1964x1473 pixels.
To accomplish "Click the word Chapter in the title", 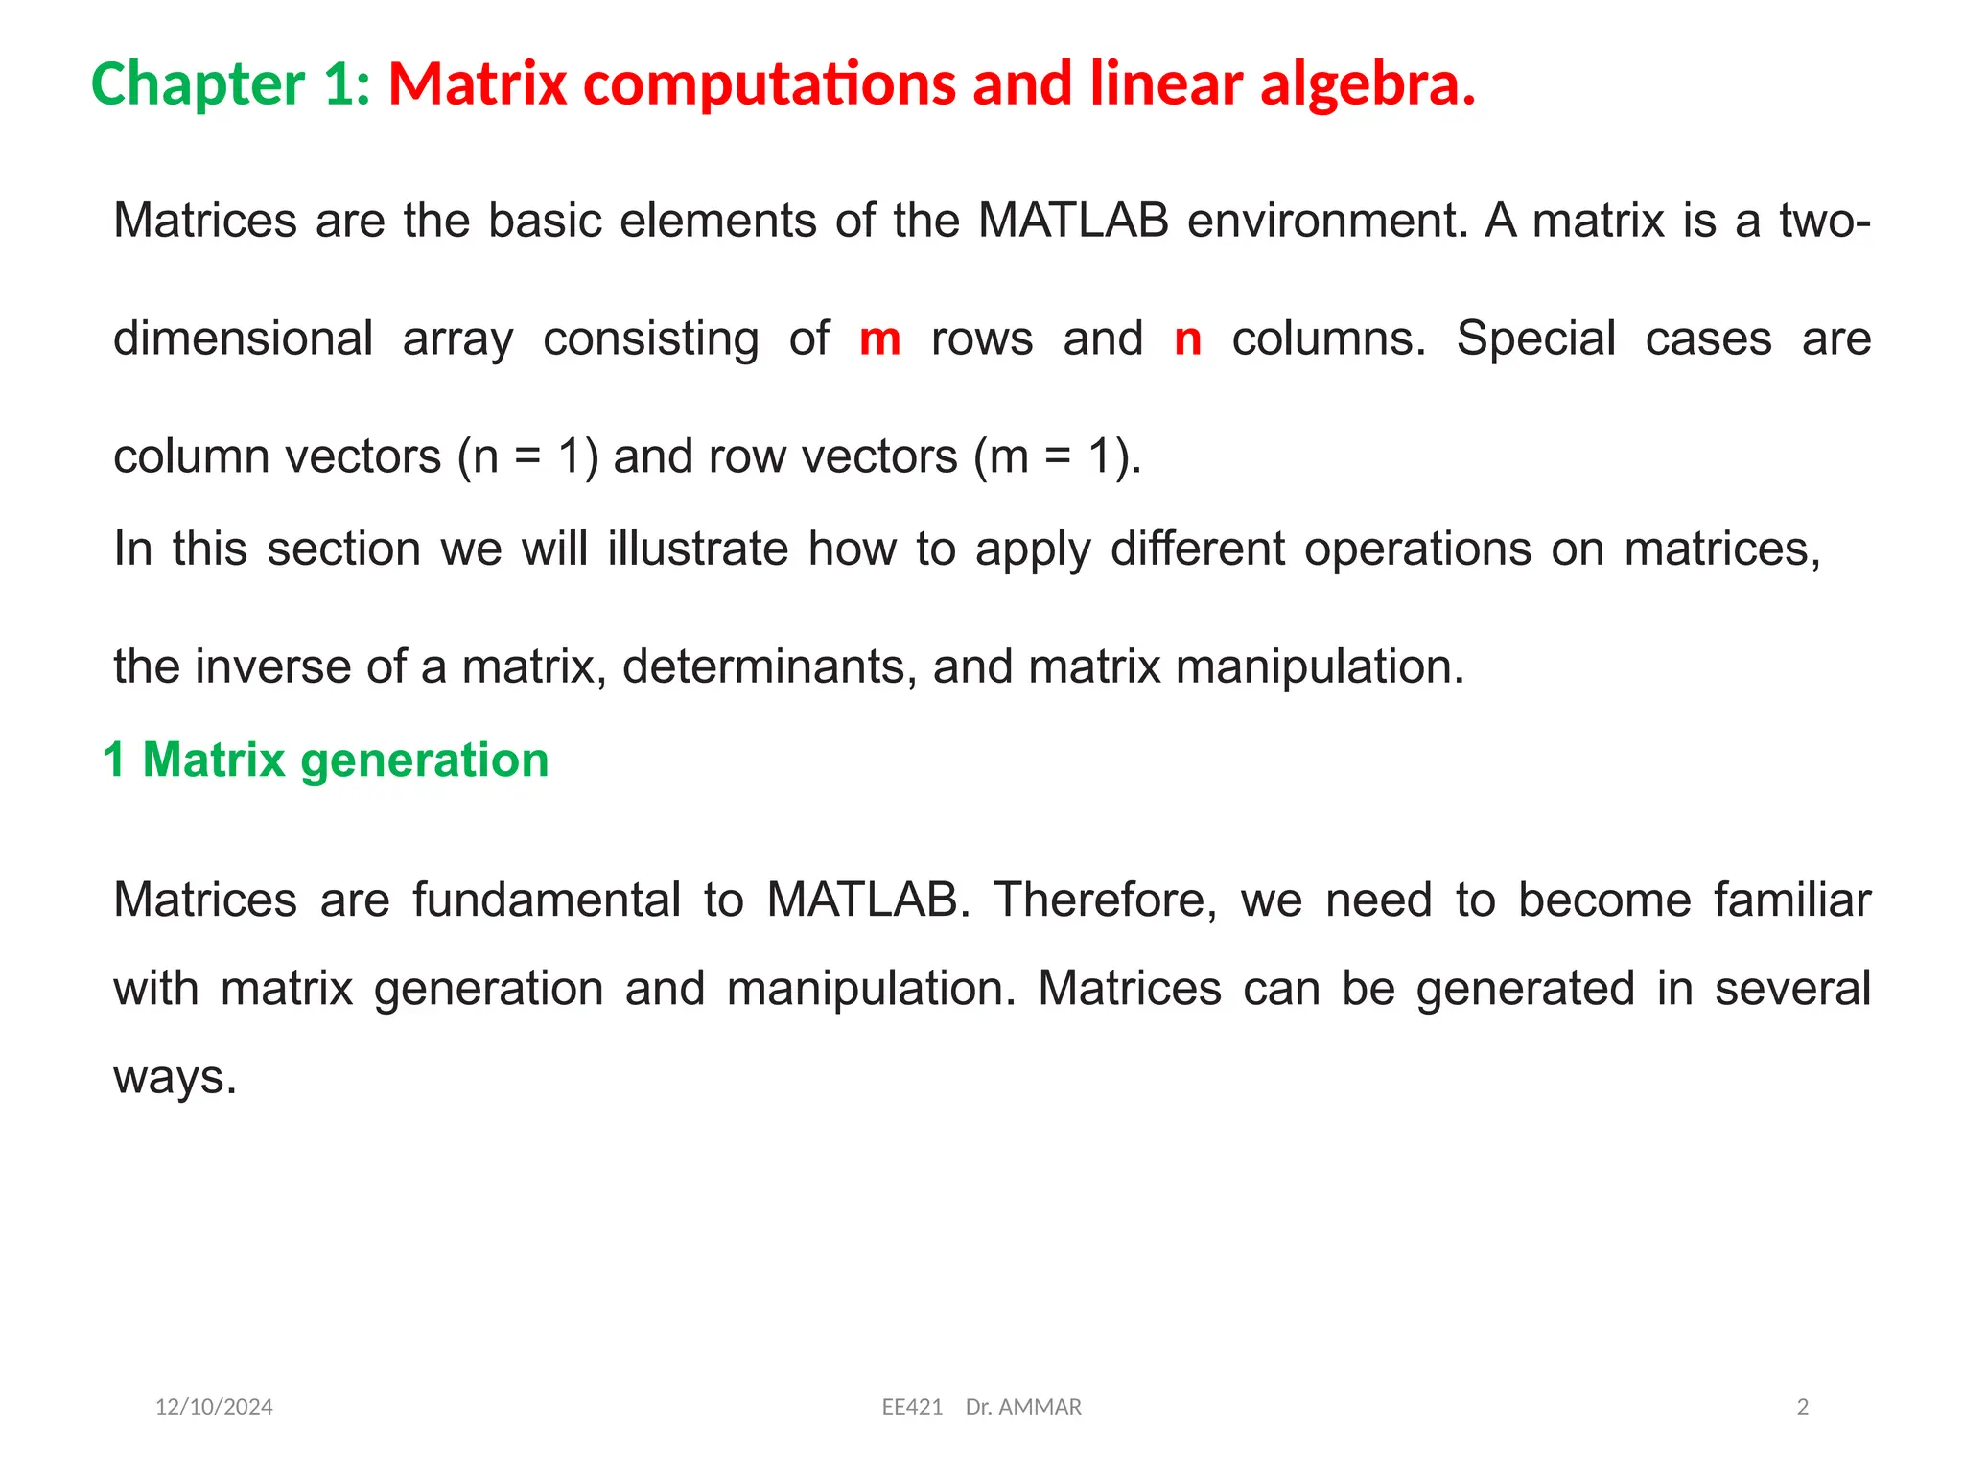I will [198, 84].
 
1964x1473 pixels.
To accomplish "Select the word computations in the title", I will [769, 84].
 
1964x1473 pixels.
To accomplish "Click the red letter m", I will [879, 339].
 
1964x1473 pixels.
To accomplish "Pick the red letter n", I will [1187, 339].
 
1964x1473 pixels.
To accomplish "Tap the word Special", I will [1535, 339].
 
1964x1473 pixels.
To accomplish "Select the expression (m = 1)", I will [1057, 456].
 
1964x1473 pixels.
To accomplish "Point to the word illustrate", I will [697, 549].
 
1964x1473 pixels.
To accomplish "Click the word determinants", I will [763, 666].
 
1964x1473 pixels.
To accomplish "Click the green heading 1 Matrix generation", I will [326, 760].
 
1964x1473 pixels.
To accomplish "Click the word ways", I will [175, 1077].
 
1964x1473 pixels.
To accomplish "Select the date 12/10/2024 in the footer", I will [214, 1407].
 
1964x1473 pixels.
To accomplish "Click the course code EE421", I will [912, 1407].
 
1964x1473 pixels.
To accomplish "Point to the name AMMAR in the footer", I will [1040, 1407].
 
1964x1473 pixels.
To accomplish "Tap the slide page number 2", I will [1802, 1407].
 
